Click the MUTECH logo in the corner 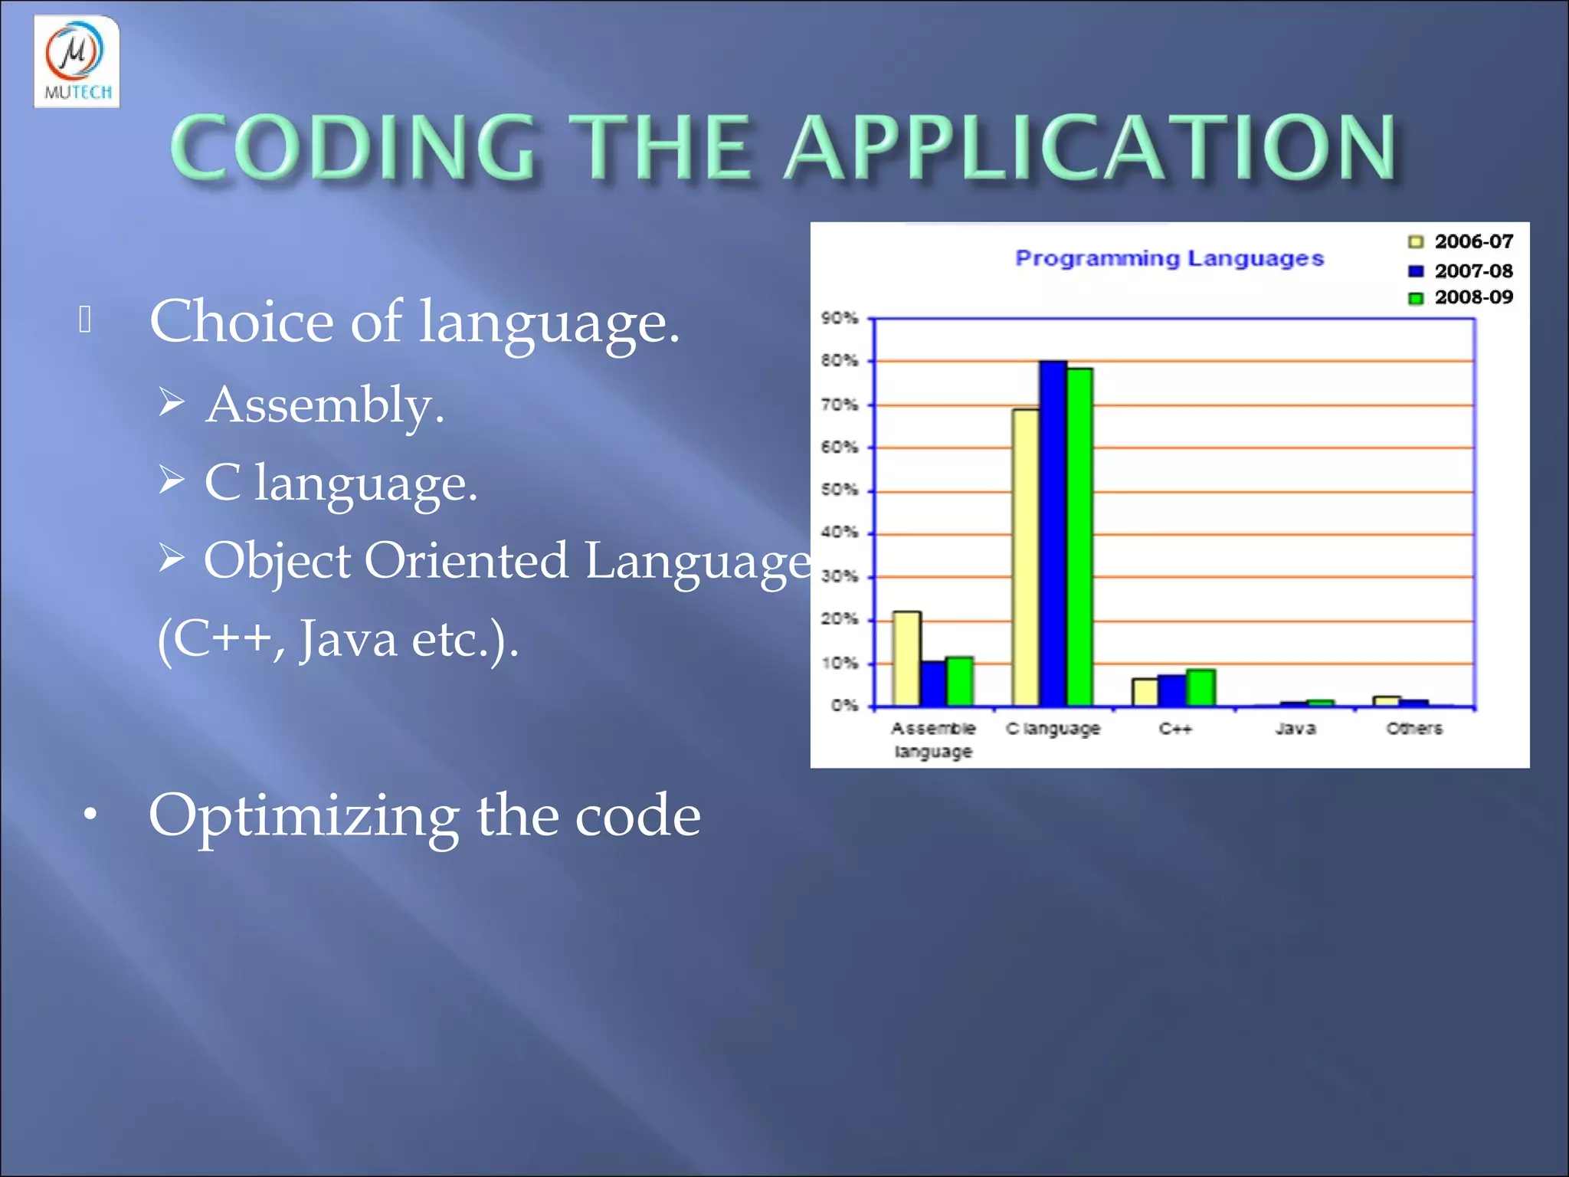tap(77, 61)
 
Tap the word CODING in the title tap(352, 147)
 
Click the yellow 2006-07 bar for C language tap(1025, 557)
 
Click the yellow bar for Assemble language tap(906, 658)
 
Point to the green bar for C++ tap(1200, 687)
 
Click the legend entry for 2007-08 tap(1461, 270)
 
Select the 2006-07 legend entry tap(1461, 241)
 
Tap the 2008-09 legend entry tap(1461, 297)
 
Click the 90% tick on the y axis tap(840, 317)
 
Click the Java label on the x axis tap(1295, 728)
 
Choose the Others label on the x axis tap(1414, 728)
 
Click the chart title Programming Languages tap(1169, 258)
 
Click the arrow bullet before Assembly tap(172, 402)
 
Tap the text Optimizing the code tap(424, 815)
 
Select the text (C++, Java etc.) tap(338, 638)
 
